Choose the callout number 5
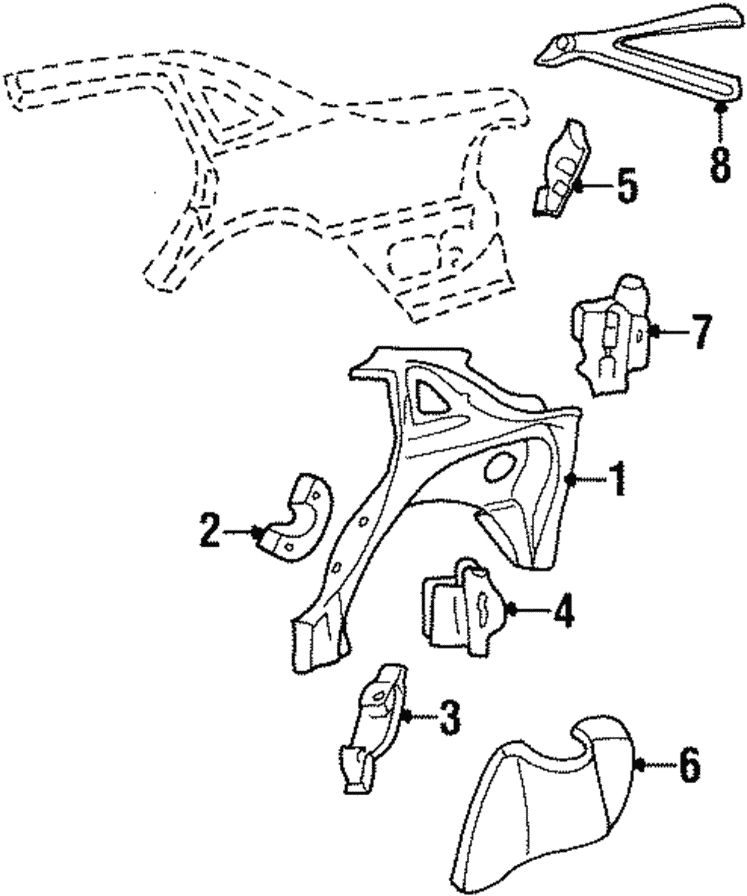pos(626,186)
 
